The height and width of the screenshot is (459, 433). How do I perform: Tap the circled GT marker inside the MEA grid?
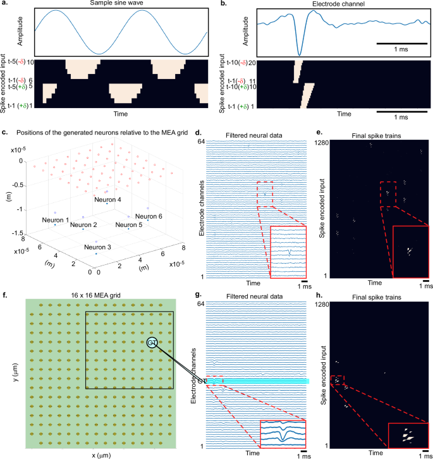pyautogui.click(x=152, y=343)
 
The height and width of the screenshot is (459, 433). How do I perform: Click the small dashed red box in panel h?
pyautogui.click(x=338, y=380)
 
